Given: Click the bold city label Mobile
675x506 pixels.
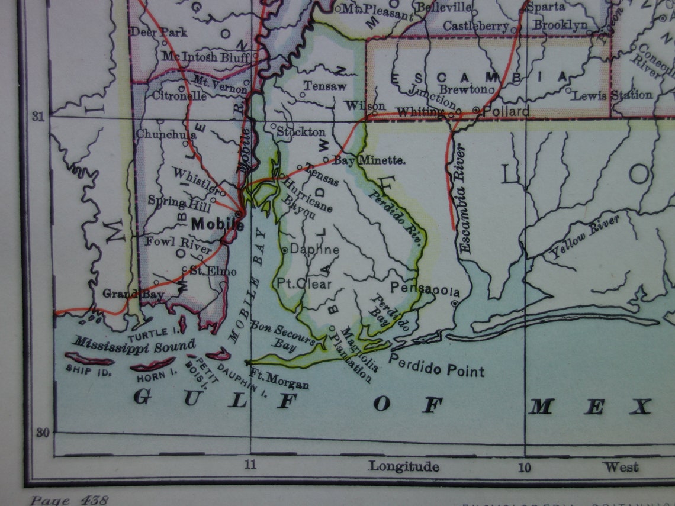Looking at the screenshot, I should click(217, 224).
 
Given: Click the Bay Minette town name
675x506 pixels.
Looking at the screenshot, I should click(369, 160).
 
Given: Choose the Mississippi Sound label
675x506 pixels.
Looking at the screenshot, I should click(135, 344).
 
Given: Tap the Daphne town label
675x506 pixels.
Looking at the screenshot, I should click(314, 250).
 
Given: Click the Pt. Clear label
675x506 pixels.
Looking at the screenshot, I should click(304, 283).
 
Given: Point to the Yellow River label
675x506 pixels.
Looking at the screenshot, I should click(585, 237).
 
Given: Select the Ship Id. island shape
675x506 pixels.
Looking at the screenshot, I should click(89, 359).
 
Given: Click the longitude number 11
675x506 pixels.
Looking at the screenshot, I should click(250, 465).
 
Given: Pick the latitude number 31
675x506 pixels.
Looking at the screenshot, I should click(38, 117).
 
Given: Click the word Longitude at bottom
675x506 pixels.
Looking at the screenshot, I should click(404, 466).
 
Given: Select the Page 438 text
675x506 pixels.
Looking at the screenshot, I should click(70, 501).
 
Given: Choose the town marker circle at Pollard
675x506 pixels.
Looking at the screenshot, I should click(477, 110).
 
